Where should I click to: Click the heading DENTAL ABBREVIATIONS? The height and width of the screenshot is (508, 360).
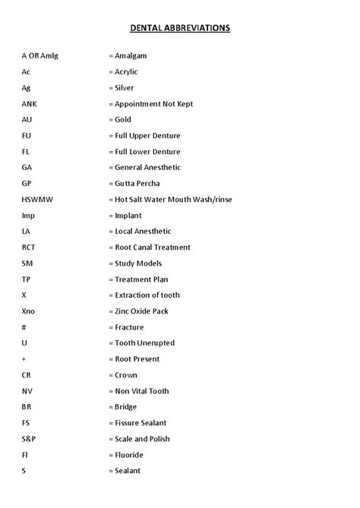click(x=180, y=28)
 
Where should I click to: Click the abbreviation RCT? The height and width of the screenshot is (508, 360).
click(x=29, y=248)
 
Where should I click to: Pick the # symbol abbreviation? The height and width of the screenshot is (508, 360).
click(x=24, y=327)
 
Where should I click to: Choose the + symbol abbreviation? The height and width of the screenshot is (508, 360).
click(x=24, y=359)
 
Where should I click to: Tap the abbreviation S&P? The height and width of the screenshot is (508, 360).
click(x=28, y=439)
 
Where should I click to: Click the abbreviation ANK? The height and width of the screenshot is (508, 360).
click(x=30, y=104)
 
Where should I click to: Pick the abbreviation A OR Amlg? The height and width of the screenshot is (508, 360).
click(x=39, y=56)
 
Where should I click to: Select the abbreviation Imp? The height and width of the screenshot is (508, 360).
click(x=28, y=216)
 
